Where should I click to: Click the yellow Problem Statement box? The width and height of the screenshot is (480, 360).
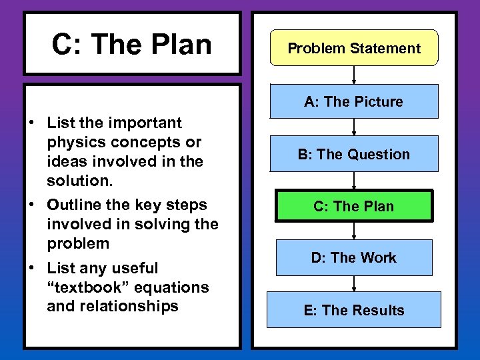point(354,48)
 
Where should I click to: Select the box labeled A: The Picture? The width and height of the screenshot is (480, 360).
point(354,101)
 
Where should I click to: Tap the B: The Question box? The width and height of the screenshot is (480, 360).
point(354,154)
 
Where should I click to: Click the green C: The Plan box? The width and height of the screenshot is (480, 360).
point(354,206)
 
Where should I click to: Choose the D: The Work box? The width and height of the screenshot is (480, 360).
point(354,257)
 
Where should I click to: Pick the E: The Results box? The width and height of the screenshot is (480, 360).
point(354,310)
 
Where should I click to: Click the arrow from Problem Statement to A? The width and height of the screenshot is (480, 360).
point(354,75)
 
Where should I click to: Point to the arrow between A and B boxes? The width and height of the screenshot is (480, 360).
point(354,127)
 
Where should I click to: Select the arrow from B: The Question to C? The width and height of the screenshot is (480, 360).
point(354,181)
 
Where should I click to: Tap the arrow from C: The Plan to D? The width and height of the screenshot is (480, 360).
point(354,231)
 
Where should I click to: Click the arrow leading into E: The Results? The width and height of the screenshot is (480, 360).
point(354,283)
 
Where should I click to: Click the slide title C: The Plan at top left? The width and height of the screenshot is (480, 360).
point(132,45)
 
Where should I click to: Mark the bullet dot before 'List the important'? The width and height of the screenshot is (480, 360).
point(32,123)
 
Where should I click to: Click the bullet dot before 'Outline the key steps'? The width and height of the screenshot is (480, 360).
point(32,205)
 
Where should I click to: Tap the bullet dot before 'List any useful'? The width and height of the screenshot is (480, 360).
point(32,269)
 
